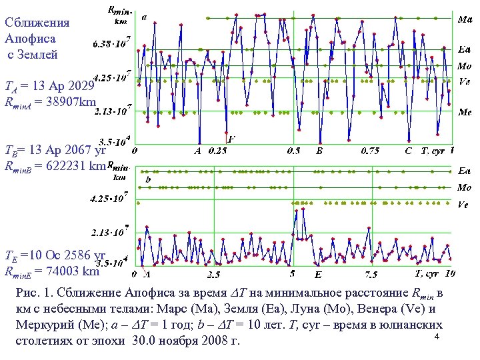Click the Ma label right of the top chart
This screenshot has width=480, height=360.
465,20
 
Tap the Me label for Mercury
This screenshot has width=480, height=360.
465,112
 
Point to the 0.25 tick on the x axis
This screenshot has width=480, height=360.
217,151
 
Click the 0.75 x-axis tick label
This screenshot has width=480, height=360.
370,151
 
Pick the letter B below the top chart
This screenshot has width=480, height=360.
319,151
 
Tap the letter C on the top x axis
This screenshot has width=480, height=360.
408,151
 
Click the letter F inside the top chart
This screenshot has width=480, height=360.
231,139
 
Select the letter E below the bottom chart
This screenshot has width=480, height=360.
318,274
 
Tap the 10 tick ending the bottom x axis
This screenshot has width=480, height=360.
450,273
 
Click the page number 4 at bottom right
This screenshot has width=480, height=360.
435,339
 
